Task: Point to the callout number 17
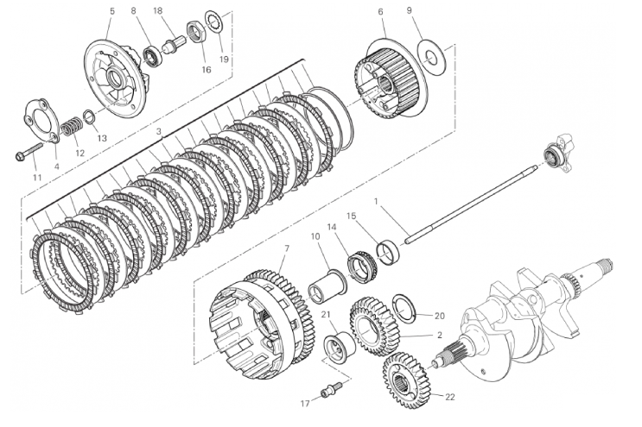(x=304, y=403)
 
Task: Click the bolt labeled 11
(x=28, y=156)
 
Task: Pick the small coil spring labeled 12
(x=70, y=130)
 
